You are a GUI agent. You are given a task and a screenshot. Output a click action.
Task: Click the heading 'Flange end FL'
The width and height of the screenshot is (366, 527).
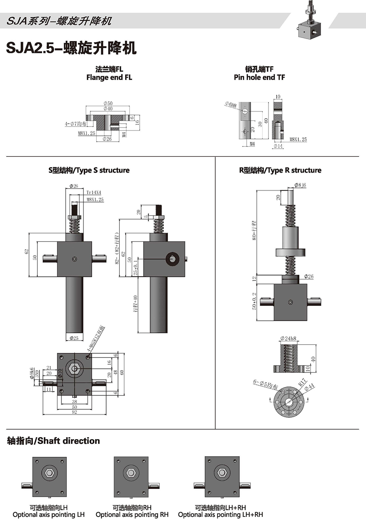coord(109,78)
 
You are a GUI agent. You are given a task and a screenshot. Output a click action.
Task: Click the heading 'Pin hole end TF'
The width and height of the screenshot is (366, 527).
coord(259,78)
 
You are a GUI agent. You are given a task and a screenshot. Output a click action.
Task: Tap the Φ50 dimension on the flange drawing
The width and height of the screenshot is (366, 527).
coord(108,104)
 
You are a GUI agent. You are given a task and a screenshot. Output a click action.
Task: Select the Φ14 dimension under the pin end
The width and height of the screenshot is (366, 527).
coord(278,146)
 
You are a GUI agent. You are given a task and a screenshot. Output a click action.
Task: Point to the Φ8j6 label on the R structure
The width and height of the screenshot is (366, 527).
coord(300,185)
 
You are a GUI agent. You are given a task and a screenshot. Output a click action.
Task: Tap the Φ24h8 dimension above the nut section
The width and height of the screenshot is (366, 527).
coord(288,339)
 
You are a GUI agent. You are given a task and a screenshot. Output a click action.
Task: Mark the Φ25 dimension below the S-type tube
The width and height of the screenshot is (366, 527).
coord(74,338)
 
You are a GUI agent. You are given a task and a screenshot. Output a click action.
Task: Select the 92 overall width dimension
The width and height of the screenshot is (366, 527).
coord(75,412)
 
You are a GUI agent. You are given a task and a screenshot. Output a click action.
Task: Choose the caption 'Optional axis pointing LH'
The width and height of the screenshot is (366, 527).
coord(49,515)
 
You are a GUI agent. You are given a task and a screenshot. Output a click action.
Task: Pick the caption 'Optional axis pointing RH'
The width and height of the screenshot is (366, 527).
coord(132,515)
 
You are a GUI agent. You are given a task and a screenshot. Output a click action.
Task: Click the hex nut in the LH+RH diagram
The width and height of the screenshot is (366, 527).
coord(222,473)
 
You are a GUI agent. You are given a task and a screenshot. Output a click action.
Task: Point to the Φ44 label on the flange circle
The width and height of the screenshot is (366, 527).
coord(309,387)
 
